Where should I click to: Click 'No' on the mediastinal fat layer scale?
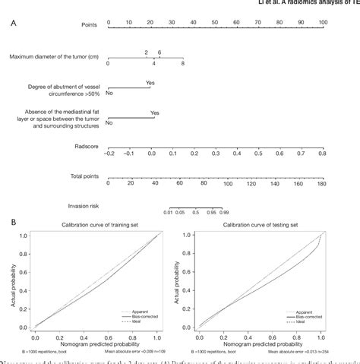click(109, 122)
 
